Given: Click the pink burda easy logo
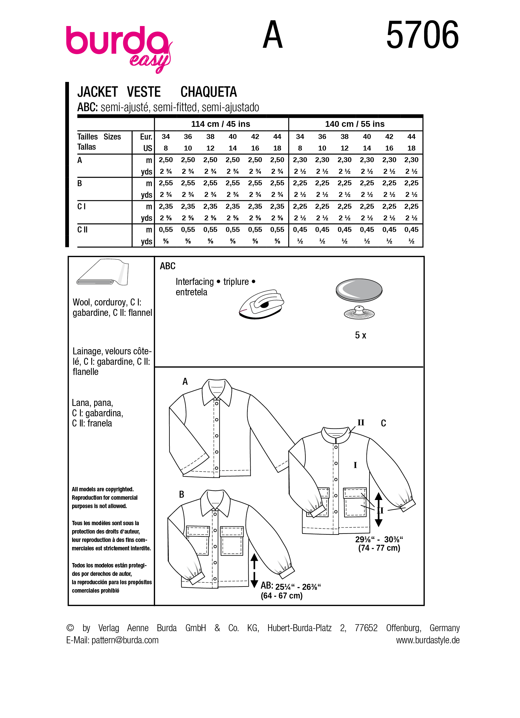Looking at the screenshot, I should (x=119, y=47).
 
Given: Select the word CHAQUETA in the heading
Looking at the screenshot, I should (x=208, y=92).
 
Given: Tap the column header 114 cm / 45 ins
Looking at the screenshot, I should (x=221, y=124).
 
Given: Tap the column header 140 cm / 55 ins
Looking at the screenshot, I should (x=355, y=124).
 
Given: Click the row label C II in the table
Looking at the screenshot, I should (x=82, y=230).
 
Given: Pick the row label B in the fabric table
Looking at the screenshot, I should (x=80, y=183).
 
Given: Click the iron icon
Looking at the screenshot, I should (x=262, y=304).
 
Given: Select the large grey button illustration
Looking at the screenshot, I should (x=359, y=290).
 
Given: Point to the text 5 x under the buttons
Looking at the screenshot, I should (x=360, y=335).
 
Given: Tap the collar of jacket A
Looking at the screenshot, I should (x=217, y=391).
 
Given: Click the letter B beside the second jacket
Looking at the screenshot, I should (x=181, y=494).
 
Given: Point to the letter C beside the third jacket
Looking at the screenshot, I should (x=383, y=423).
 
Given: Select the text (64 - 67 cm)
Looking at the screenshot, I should (x=282, y=596).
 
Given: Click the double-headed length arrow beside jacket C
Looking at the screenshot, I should (x=378, y=509).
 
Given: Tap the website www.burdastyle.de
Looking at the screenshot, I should (x=428, y=640).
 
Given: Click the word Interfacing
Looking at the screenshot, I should (x=194, y=282).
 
